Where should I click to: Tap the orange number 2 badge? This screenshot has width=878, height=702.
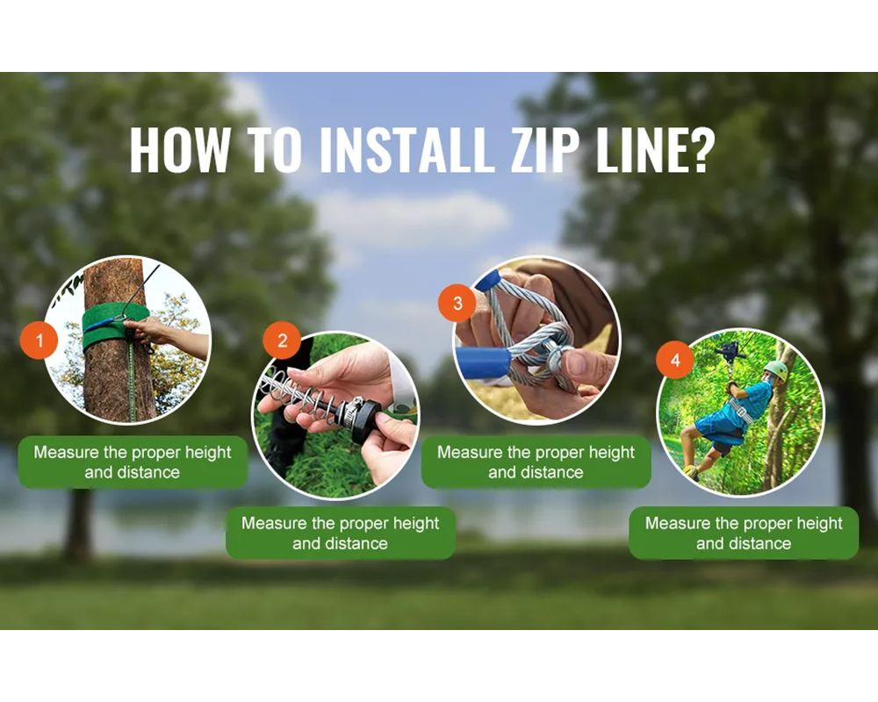coord(282,340)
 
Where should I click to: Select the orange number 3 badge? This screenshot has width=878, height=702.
coord(457,304)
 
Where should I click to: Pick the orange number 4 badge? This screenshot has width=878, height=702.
coord(674,361)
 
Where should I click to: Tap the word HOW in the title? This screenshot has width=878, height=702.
coord(178,151)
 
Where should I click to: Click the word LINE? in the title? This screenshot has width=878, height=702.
coord(651,151)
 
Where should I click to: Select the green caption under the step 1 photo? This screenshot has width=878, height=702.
coord(133,462)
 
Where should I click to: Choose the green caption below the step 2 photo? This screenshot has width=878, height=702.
coord(341,534)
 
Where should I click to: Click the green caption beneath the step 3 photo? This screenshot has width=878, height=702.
coord(536,462)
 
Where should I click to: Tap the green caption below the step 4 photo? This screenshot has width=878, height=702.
coord(744,534)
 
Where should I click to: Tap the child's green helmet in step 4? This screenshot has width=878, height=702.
coord(775,369)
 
